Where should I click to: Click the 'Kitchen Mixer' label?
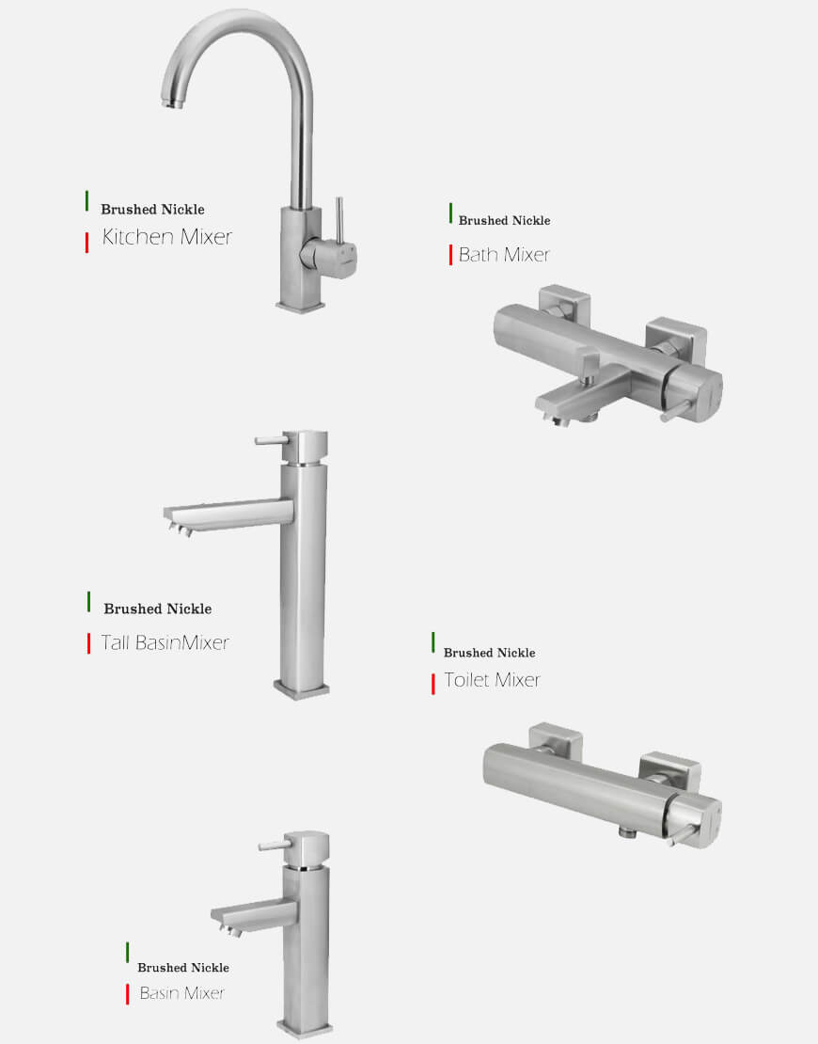pos(167,237)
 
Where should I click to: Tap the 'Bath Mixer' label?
pos(504,254)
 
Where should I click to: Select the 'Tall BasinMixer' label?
pos(165,642)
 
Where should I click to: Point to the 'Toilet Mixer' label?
pos(492,680)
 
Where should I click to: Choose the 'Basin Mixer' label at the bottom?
pos(181,992)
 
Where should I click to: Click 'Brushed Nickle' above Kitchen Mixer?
pos(152,209)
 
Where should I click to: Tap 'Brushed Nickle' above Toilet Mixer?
pos(489,653)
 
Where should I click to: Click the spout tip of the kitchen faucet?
pos(172,102)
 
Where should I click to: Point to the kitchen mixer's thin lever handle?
pos(338,221)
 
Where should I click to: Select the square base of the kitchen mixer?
pos(301,307)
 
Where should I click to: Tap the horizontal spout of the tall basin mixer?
pos(228,515)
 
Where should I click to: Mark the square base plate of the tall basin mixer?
pos(302,689)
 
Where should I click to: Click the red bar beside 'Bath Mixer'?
pos(450,255)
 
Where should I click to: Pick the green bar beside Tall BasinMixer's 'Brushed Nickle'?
pos(88,601)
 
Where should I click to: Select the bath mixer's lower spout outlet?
pos(554,418)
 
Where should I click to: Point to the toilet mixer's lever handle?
pos(684,837)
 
